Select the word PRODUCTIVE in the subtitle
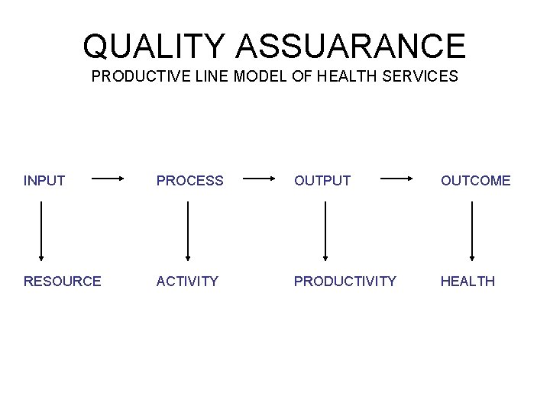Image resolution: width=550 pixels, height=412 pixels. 138,77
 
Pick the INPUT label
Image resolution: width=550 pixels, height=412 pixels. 44,181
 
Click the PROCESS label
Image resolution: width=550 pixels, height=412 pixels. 190,181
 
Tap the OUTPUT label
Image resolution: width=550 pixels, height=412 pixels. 323,181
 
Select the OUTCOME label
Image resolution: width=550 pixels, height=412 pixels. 476,181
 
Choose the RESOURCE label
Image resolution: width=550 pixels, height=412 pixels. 62,282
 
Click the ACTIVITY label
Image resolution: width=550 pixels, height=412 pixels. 187,282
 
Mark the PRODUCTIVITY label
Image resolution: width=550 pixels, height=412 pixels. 345,282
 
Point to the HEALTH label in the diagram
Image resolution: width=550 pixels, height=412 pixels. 467,282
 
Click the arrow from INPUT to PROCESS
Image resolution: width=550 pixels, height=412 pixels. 108,181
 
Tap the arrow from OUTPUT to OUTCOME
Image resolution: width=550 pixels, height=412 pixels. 396,181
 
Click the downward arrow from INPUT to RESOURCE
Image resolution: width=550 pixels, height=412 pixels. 40,230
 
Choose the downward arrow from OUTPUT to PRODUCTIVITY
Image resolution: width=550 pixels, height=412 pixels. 326,230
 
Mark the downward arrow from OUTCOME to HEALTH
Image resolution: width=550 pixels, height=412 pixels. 472,230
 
